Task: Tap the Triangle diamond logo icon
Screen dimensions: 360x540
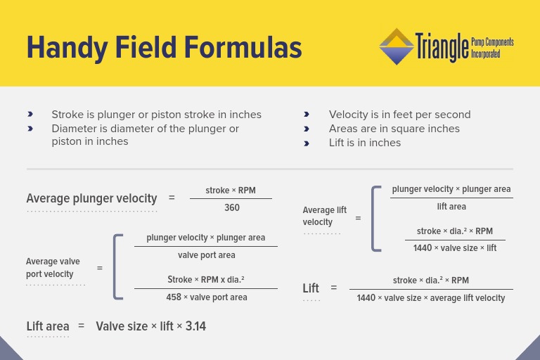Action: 397,46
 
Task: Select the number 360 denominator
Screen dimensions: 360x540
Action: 232,207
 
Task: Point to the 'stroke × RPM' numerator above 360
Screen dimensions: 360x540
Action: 231,191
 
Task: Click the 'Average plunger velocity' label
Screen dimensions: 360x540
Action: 91,198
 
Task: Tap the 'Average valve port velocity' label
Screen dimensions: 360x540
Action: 53,268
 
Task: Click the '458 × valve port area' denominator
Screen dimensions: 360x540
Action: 207,297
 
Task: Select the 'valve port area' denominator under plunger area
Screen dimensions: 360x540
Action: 207,255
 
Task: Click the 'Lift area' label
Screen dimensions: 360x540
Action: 48,326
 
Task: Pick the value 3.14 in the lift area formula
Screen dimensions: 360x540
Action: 195,326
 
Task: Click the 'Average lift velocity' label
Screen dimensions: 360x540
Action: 324,216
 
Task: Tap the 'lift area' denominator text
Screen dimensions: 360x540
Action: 451,207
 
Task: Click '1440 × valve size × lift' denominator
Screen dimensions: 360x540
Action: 455,248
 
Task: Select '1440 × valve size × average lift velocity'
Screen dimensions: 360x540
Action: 430,298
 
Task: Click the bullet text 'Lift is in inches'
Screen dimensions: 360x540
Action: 364,143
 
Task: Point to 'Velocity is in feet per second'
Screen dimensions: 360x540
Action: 399,115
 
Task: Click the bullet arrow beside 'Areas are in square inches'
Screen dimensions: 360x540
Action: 307,129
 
